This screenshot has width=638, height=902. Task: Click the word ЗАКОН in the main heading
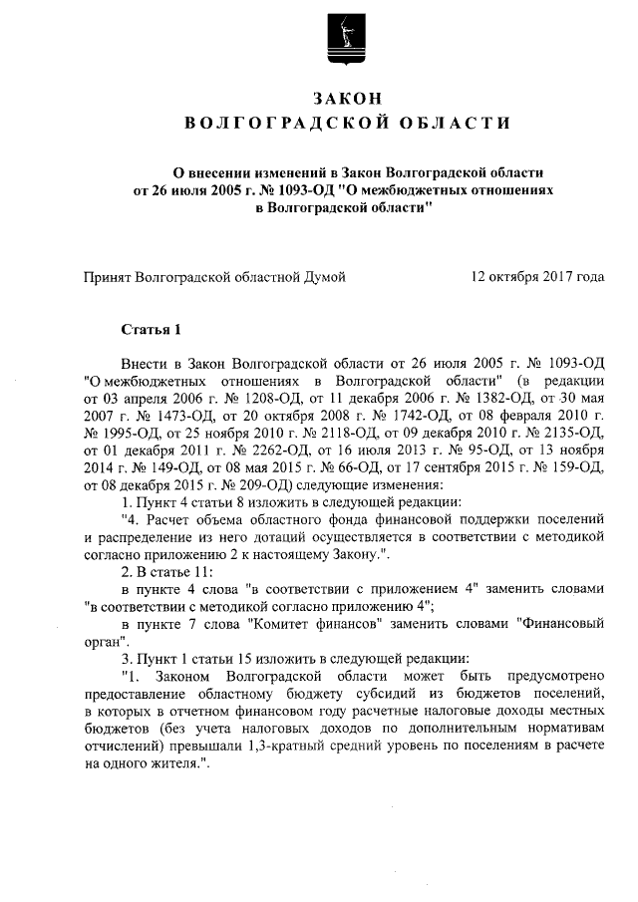point(348,99)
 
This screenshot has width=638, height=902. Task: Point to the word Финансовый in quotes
point(560,629)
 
